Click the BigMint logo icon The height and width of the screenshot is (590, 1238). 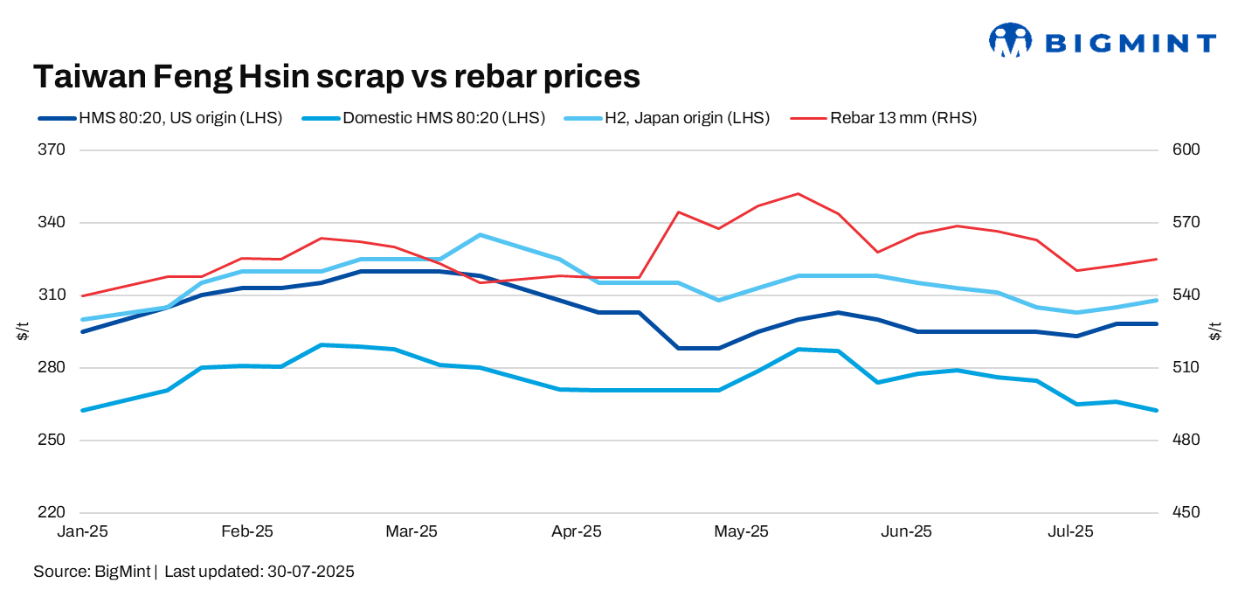[1011, 40]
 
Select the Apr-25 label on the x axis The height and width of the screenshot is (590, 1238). [578, 531]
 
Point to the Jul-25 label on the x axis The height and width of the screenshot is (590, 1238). [1071, 531]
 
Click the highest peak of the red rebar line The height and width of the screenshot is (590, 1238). [798, 194]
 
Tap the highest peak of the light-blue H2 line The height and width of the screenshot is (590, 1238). [480, 234]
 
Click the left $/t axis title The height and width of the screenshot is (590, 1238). [23, 331]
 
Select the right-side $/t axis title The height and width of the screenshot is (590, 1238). [1216, 331]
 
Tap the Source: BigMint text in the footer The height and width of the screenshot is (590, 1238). [93, 572]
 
